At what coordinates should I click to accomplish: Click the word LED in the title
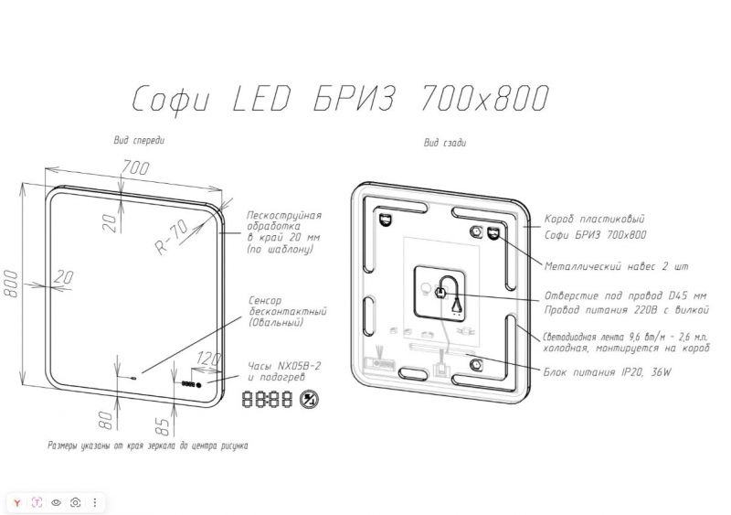point(260,99)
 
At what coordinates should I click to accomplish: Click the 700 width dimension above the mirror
point(135,167)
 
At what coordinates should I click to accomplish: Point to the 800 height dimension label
point(11,283)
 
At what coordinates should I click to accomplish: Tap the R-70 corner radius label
point(172,237)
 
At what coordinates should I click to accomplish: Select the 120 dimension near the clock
point(208,359)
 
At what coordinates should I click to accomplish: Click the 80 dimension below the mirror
point(107,420)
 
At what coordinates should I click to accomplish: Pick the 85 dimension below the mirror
point(163,425)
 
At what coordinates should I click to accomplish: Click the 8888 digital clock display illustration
point(267,399)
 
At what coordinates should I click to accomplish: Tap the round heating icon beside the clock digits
point(309,399)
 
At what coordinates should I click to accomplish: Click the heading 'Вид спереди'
point(139,140)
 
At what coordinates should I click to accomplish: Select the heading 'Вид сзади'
point(444,143)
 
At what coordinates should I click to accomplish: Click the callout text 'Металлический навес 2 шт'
point(616,266)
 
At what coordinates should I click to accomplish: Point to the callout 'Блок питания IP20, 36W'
point(608,372)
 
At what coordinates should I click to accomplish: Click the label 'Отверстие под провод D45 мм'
point(625,296)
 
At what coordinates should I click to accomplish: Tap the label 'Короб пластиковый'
point(595,219)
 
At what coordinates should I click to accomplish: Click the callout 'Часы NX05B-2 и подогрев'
point(284,371)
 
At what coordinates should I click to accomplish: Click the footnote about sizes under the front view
point(148,445)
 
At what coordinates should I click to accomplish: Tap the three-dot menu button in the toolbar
point(95,502)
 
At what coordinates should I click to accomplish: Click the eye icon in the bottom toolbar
point(56,502)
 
